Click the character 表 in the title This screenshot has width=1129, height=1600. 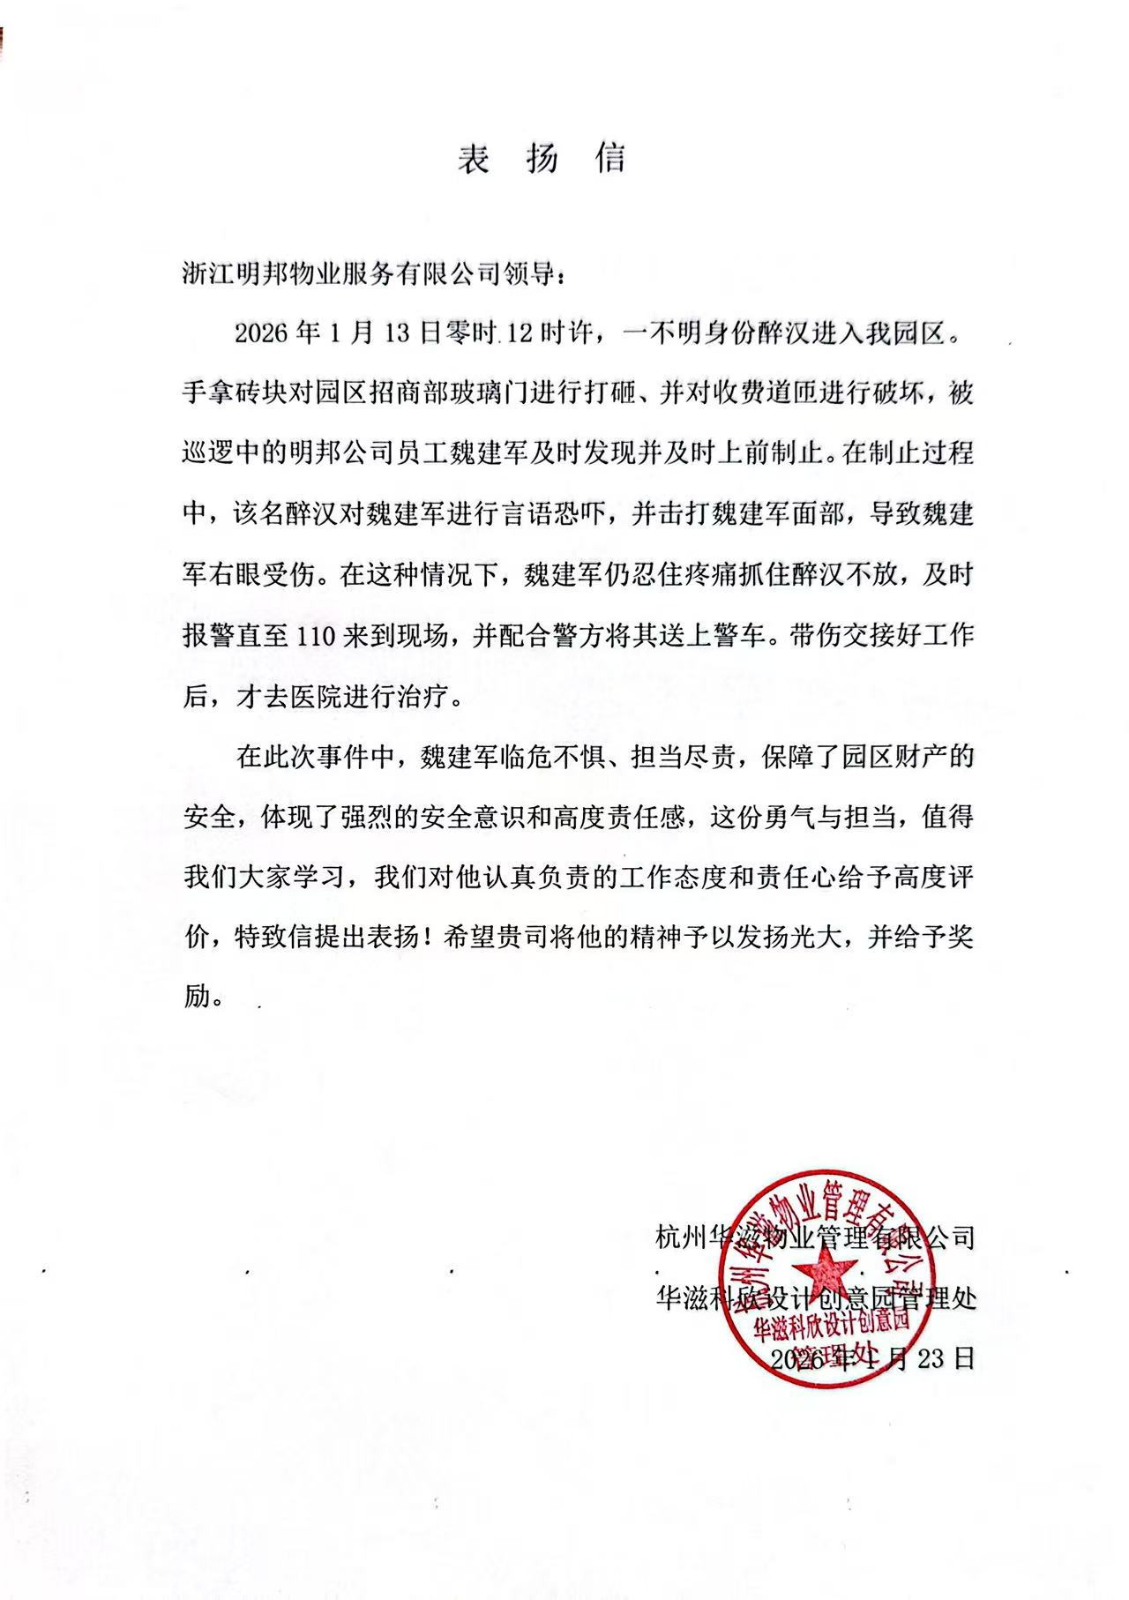click(x=474, y=159)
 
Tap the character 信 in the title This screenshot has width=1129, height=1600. click(x=609, y=159)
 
